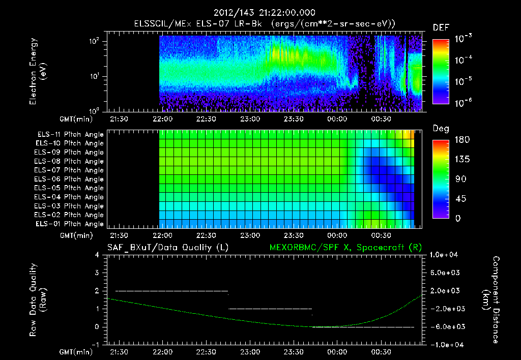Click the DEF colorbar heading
point(441,27)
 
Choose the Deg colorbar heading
point(441,129)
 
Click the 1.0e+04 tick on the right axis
point(446,255)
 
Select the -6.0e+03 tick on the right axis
point(446,326)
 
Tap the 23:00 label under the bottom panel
point(249,352)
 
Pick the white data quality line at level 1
point(270,309)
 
